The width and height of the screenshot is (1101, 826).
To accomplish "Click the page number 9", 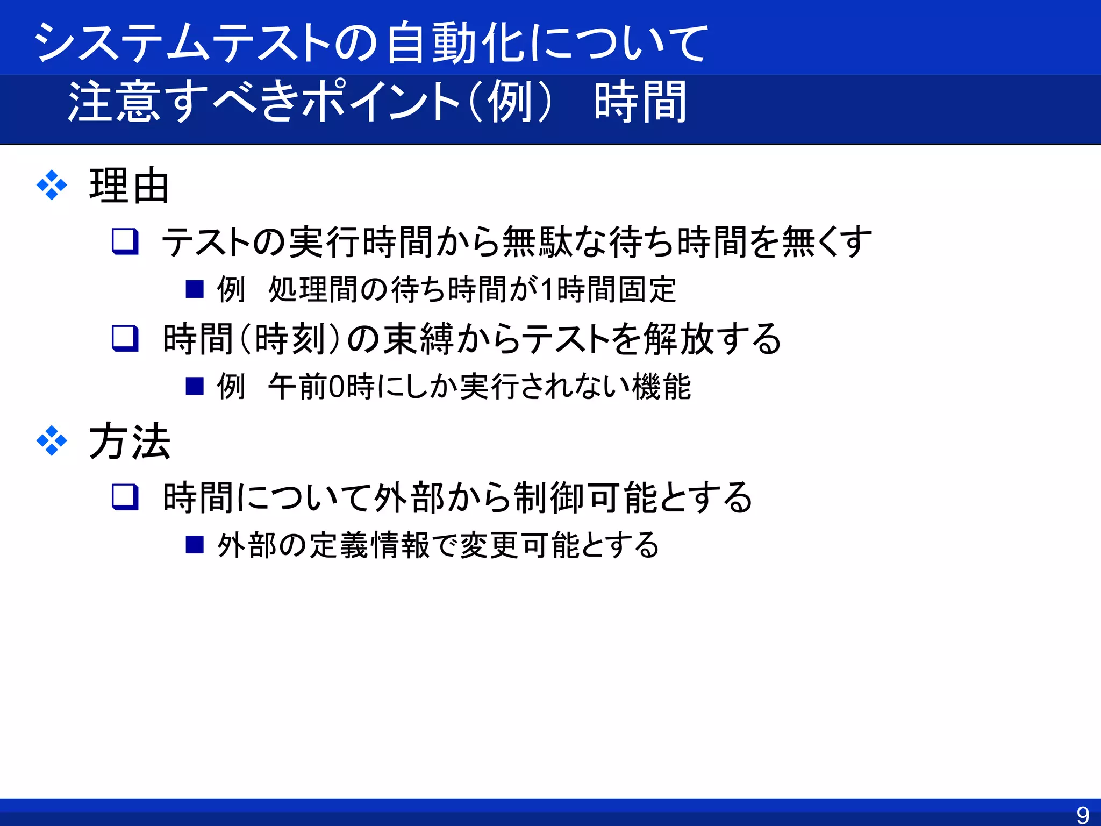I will pos(1083,815).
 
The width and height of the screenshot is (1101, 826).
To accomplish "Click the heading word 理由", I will pos(129,186).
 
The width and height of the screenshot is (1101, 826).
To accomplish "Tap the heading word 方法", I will pos(129,442).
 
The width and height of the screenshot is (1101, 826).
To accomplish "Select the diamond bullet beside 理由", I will pos(52,186).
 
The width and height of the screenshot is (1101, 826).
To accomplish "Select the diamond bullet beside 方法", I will pos(52,441).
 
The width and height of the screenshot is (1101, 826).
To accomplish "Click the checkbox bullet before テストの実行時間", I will pos(125,241).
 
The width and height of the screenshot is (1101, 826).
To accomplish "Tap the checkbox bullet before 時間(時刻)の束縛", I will pos(125,338).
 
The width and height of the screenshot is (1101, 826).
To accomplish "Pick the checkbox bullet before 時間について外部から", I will pos(125,496).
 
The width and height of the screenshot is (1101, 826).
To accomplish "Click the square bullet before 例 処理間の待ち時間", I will pos(194,289).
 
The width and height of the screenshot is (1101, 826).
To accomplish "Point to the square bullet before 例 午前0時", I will pos(194,386).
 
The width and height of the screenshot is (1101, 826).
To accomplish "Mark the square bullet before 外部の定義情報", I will pos(194,545).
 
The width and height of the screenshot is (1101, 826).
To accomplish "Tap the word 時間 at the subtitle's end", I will pos(640,102).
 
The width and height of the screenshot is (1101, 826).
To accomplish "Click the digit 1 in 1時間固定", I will pos(547,289).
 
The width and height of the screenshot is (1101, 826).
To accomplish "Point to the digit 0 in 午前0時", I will pos(337,387).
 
